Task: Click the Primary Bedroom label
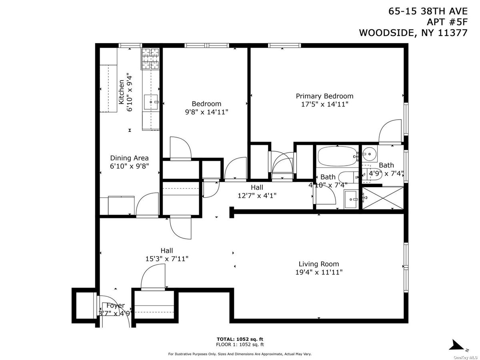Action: pyautogui.click(x=324, y=96)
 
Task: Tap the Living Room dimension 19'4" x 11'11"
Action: pyautogui.click(x=319, y=272)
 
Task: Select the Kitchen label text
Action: pyautogui.click(x=121, y=92)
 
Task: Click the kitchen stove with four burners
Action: pyautogui.click(x=150, y=59)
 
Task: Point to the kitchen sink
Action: pyautogui.click(x=152, y=102)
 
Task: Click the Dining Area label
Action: pyautogui.click(x=129, y=158)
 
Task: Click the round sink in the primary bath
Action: pyautogui.click(x=370, y=153)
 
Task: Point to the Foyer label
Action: pyautogui.click(x=115, y=306)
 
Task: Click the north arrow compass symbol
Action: pyautogui.click(x=458, y=345)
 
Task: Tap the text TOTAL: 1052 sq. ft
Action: pyautogui.click(x=240, y=339)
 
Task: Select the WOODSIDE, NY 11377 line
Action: pyautogui.click(x=413, y=33)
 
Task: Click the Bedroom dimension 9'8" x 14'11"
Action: pyautogui.click(x=206, y=112)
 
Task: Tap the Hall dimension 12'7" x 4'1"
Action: pyautogui.click(x=257, y=196)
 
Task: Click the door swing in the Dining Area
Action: pyautogui.click(x=147, y=204)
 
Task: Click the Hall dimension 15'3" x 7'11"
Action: pyautogui.click(x=167, y=259)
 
